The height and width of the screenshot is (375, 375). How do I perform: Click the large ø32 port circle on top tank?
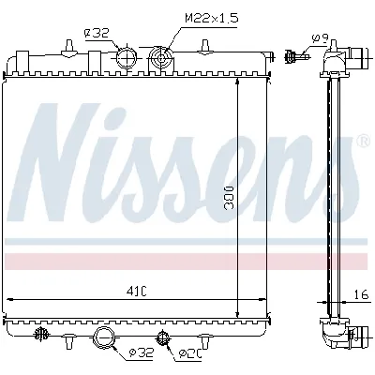tap(126, 58)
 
